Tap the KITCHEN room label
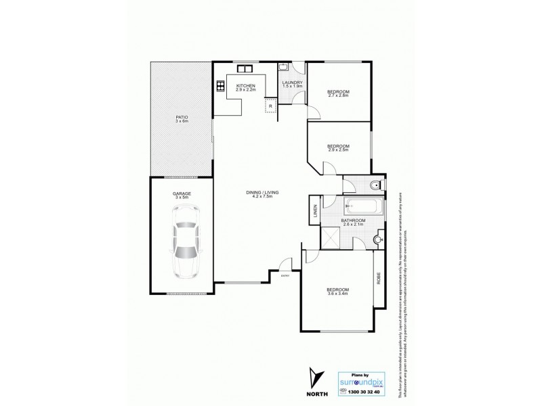pyautogui.click(x=245, y=86)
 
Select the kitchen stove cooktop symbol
pyautogui.click(x=221, y=86)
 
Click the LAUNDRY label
pyautogui.click(x=292, y=83)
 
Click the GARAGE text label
pyautogui.click(x=182, y=194)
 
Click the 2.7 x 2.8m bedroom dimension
pyautogui.click(x=338, y=95)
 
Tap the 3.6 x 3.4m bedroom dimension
pyautogui.click(x=337, y=296)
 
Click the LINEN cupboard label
pyautogui.click(x=315, y=211)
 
